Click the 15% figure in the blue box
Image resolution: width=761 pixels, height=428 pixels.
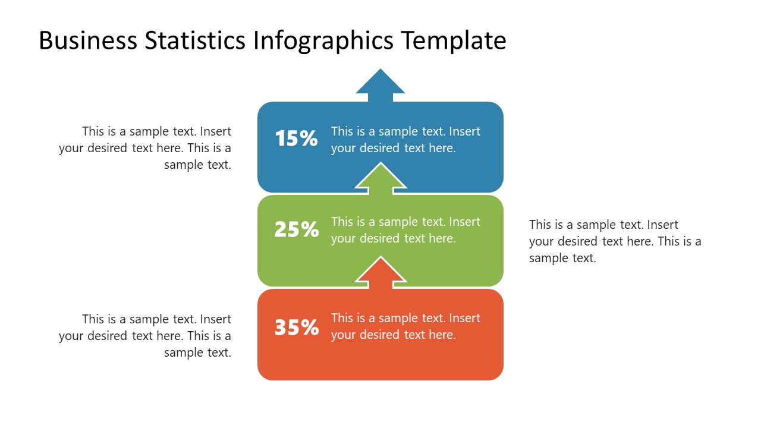coord(296,139)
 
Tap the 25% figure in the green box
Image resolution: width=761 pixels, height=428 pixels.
coord(296,229)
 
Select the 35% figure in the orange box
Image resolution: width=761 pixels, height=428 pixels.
coord(296,328)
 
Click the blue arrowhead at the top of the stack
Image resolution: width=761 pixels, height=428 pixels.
coord(380,84)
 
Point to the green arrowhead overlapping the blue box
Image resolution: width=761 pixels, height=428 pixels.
coord(380,178)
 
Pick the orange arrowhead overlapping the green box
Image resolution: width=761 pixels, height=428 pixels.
coord(380,272)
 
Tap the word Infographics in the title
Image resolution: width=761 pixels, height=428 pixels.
coord(323,40)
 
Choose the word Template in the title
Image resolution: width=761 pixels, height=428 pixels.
coord(453,40)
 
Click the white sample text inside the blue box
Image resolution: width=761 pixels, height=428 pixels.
coord(405,140)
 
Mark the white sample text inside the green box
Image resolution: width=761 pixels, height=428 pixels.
coord(405,230)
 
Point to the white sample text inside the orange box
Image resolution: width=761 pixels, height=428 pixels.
coord(405,326)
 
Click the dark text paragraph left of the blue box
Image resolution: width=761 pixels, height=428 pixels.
coord(145,148)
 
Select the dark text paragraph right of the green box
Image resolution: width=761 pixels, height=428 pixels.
coord(615,241)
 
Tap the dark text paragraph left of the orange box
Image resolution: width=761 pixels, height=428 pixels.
coord(145,336)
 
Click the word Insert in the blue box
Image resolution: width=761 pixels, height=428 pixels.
coord(464,131)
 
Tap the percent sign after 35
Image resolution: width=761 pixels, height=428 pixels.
coord(310,328)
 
